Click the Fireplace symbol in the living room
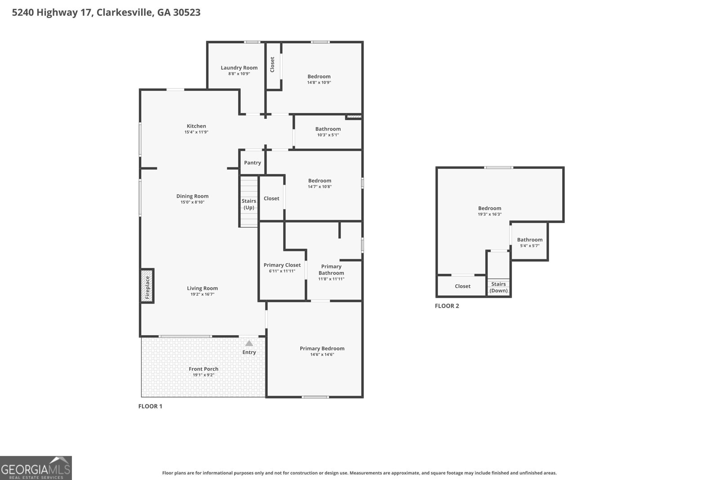[x=147, y=286]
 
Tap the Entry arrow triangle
[x=249, y=343]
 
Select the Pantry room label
[x=253, y=162]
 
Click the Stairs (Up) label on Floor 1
[x=249, y=204]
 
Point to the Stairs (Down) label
[x=498, y=287]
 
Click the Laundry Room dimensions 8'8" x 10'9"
[x=239, y=74]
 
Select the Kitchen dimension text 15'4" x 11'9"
[x=196, y=132]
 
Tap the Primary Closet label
[x=282, y=265]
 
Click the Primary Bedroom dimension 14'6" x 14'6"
[x=322, y=354]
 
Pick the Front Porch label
[x=204, y=369]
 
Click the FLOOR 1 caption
[x=150, y=406]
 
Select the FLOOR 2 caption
[x=447, y=306]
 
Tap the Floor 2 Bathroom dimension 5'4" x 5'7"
[x=530, y=246]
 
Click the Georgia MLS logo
[x=36, y=468]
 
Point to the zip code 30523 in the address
[x=187, y=12]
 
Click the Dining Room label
[x=193, y=196]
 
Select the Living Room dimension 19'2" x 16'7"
[x=203, y=294]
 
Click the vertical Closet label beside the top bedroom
[x=272, y=65]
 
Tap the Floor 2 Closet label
[x=462, y=286]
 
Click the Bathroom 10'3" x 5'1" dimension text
[x=328, y=135]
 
